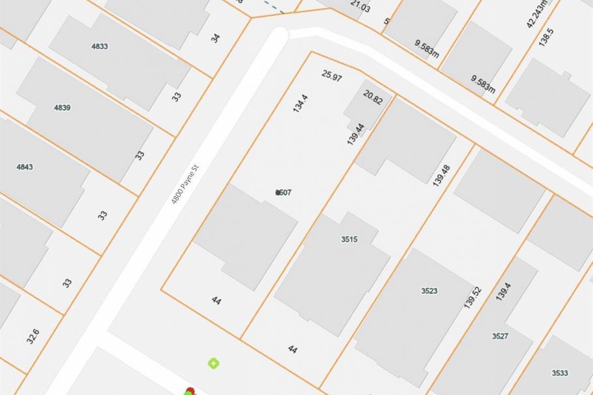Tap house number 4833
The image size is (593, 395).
100,46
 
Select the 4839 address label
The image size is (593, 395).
63,108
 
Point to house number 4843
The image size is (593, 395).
25,167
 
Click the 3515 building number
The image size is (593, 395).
349,239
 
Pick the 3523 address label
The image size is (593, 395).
429,291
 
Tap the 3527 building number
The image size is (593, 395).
500,336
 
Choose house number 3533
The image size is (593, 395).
560,373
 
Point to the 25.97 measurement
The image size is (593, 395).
332,76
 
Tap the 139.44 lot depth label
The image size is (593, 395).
355,133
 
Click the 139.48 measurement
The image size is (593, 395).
441,175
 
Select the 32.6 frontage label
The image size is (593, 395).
33,336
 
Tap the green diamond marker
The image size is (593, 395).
213,362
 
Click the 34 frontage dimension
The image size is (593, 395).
215,38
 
